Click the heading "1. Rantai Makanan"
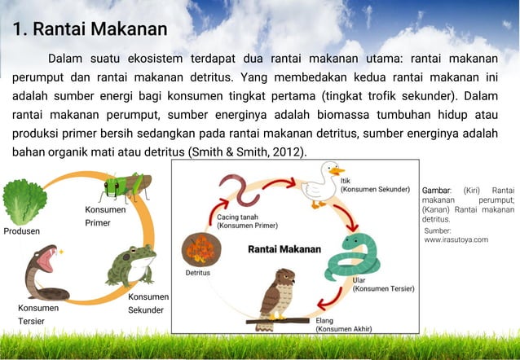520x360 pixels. (x=90, y=30)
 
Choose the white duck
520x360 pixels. (x=319, y=182)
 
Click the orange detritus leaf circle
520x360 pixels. (x=199, y=248)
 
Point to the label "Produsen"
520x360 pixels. (x=21, y=231)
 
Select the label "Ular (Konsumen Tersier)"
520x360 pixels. (x=383, y=284)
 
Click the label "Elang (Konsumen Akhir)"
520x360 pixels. (x=343, y=325)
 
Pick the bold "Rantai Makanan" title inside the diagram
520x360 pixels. (x=284, y=248)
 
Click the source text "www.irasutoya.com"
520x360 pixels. (x=456, y=240)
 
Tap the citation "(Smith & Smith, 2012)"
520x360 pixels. (x=248, y=151)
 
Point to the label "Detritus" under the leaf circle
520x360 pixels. (x=197, y=273)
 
